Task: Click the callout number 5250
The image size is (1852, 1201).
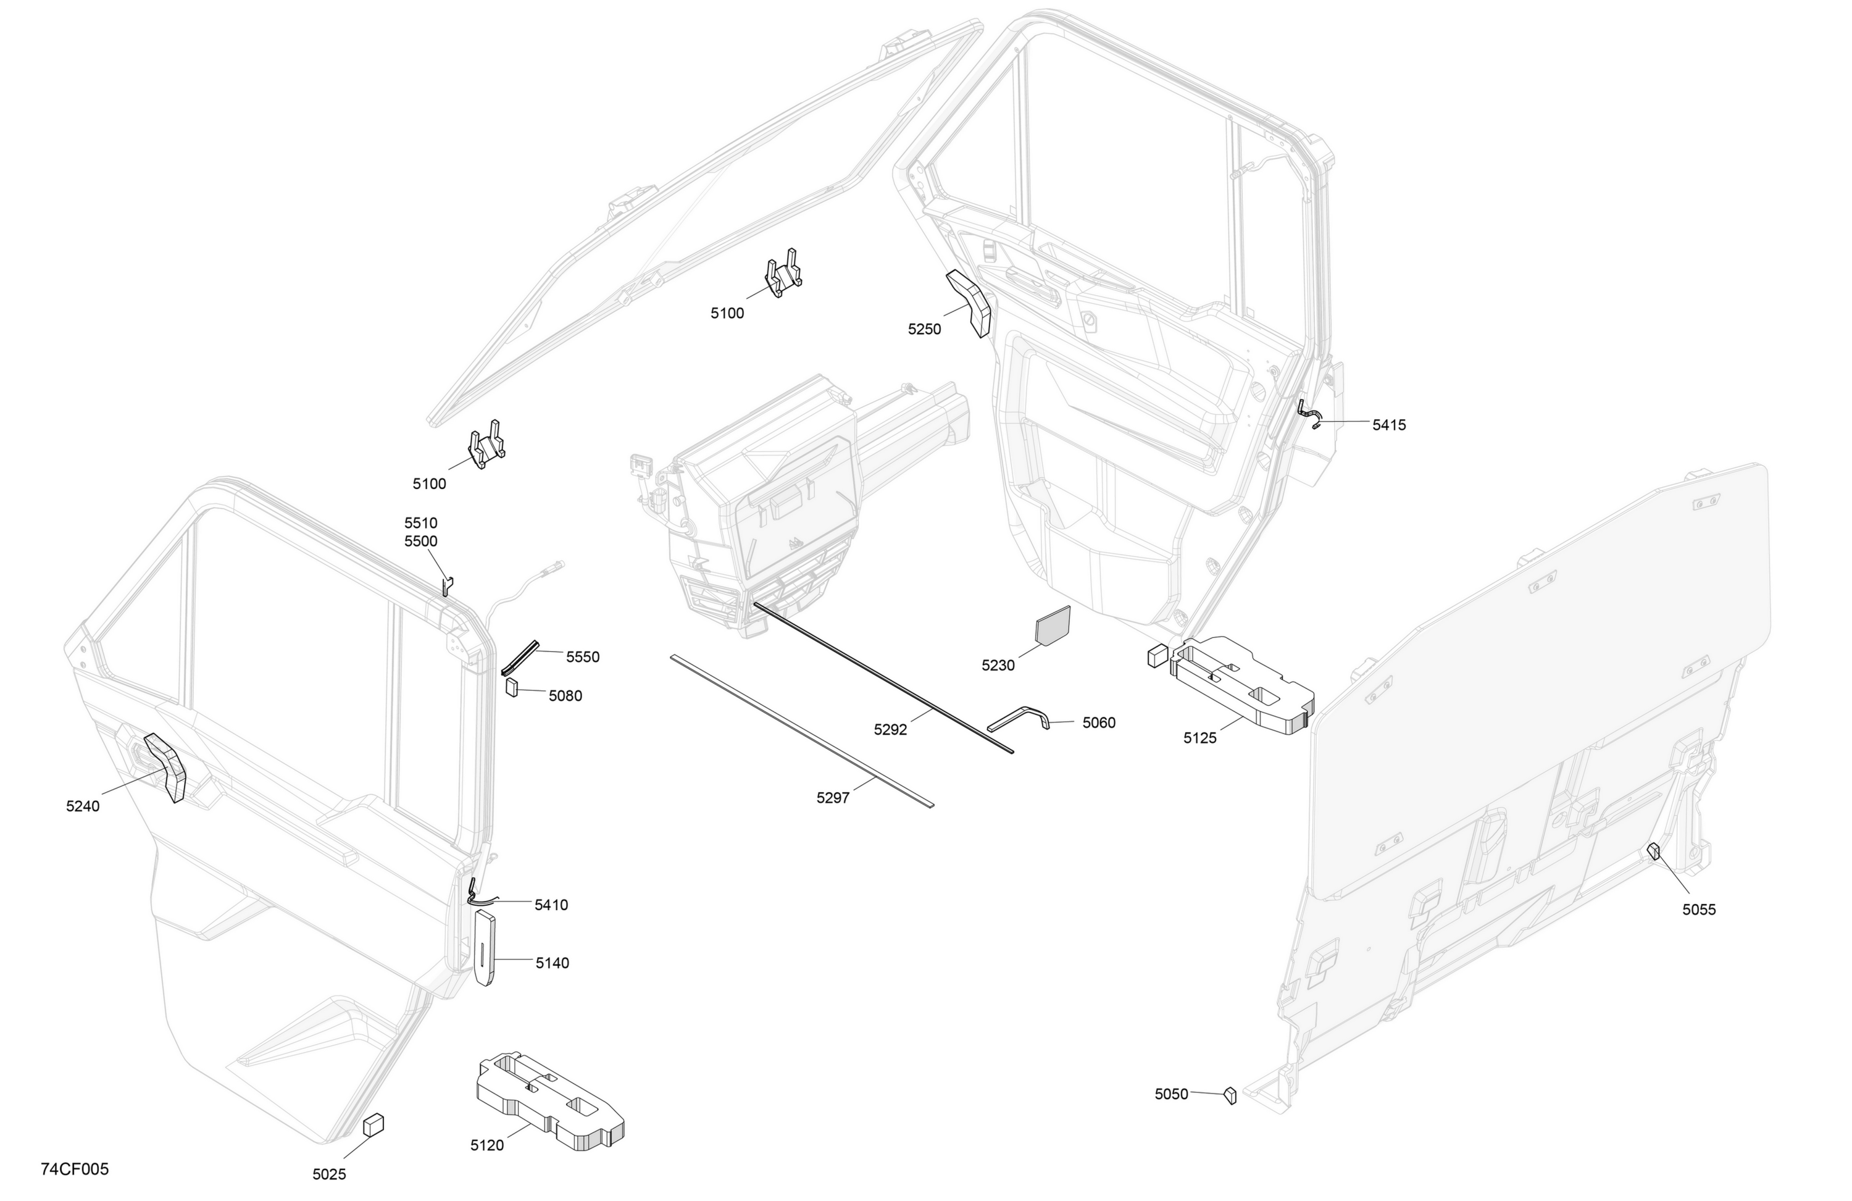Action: tap(924, 329)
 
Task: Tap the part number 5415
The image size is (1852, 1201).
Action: tap(1389, 425)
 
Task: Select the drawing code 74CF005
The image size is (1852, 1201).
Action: tap(75, 1169)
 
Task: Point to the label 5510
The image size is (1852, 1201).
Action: tap(421, 523)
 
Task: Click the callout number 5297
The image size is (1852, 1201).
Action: tap(833, 798)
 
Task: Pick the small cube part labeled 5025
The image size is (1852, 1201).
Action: tap(373, 1124)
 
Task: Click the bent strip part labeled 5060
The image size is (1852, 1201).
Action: tap(1019, 715)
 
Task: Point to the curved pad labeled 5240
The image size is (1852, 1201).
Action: tap(165, 767)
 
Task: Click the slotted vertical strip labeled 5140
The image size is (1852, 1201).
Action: tap(484, 947)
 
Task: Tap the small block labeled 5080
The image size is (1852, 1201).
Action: tap(512, 687)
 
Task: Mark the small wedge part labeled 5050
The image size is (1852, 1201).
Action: tap(1230, 1095)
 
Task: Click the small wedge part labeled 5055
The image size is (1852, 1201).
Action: tap(1654, 852)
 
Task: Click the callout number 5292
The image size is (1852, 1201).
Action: tap(890, 729)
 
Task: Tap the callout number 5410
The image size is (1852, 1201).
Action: tap(551, 905)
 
